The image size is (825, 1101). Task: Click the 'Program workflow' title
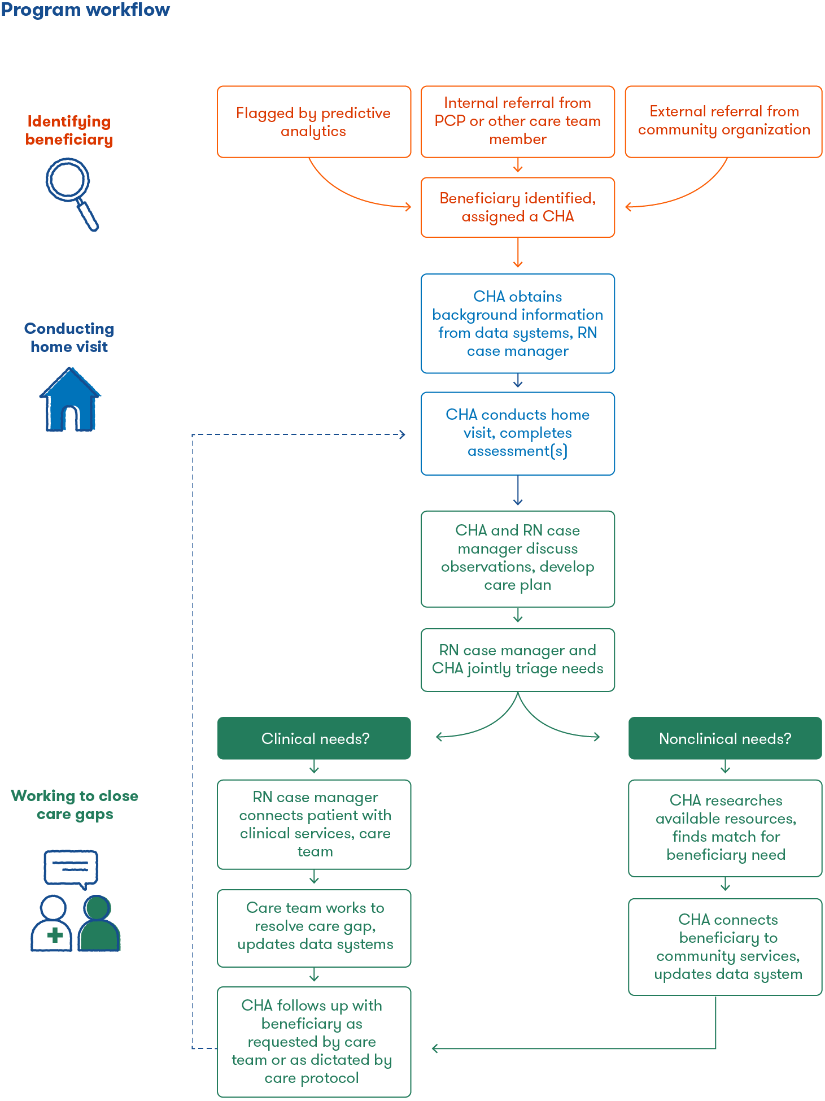(x=85, y=10)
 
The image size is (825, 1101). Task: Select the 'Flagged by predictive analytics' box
(x=314, y=122)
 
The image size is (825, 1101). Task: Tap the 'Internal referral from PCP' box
(x=518, y=122)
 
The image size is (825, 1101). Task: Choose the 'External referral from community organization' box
(x=724, y=122)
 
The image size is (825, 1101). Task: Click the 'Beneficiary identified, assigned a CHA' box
(x=518, y=207)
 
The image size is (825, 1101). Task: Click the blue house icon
(x=70, y=399)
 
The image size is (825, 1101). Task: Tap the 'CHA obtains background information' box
(x=518, y=324)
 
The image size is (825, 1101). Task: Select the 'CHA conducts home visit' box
(x=518, y=434)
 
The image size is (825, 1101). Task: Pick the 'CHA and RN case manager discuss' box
(x=518, y=559)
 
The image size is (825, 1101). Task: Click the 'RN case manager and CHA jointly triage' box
(x=518, y=660)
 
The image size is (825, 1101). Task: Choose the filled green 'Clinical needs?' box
(x=314, y=738)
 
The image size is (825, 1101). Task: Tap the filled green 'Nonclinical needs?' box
(x=725, y=738)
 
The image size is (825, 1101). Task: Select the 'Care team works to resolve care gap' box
(x=314, y=928)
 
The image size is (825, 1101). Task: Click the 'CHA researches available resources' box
(x=725, y=828)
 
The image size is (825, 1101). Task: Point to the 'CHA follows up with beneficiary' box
(x=314, y=1042)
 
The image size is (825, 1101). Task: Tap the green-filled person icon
(x=99, y=923)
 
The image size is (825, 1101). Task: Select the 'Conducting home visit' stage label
(x=69, y=338)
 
